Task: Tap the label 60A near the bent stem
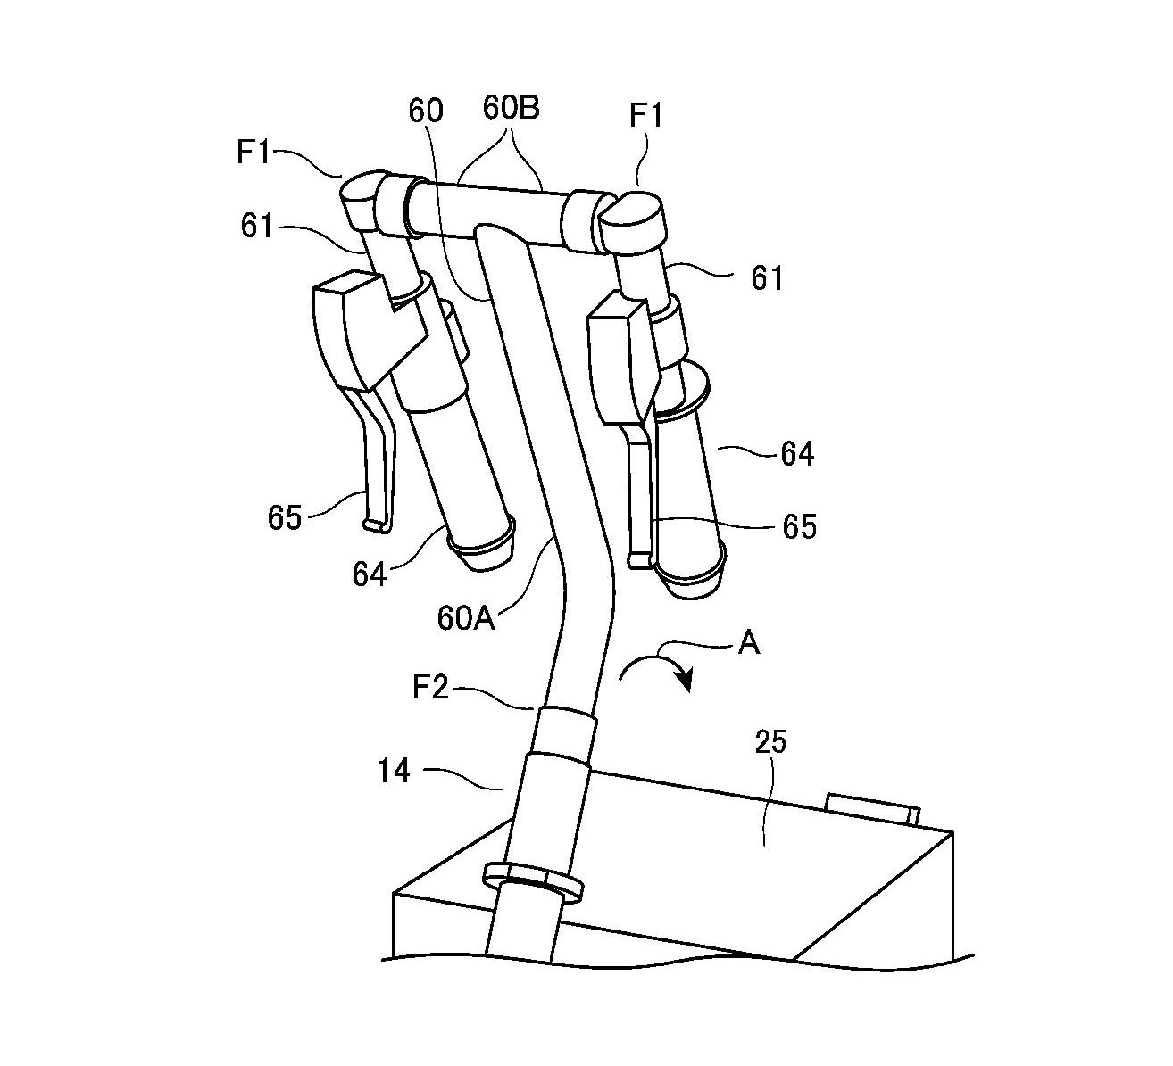coord(465,617)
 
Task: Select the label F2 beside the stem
coord(431,688)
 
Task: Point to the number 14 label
coord(394,770)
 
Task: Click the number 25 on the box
coord(771,742)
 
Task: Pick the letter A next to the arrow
coord(748,642)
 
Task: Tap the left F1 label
coord(254,153)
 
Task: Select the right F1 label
coord(645,118)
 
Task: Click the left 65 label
coord(285,517)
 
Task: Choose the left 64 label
coord(370,574)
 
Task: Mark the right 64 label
coord(797,454)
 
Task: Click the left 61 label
coord(256,227)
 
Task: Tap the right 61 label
coord(767,278)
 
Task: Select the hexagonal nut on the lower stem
coord(533,879)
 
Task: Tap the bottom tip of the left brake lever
coord(377,526)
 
